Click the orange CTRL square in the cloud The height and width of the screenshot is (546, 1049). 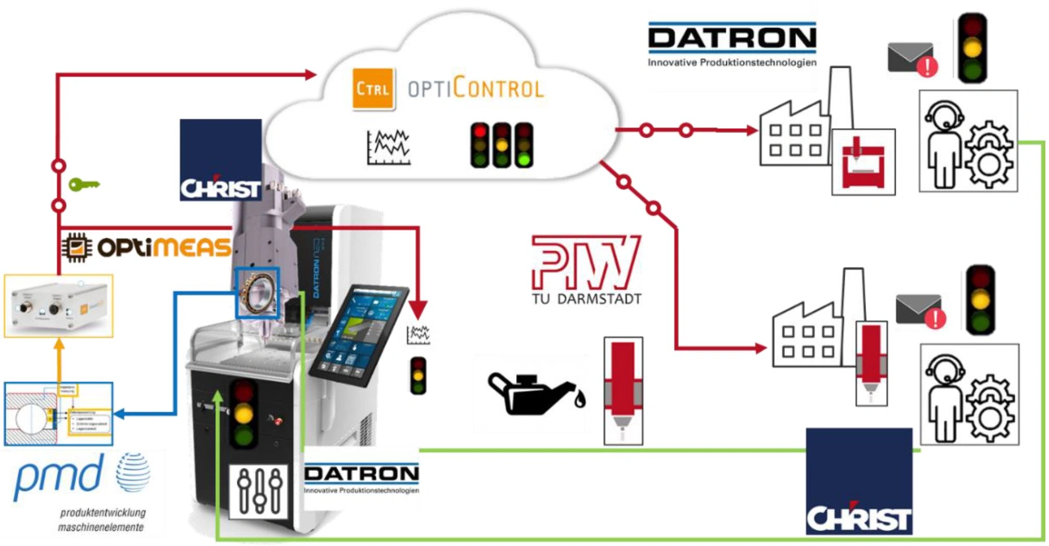[373, 89]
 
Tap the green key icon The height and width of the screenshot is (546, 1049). [83, 185]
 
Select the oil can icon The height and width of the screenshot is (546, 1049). [535, 394]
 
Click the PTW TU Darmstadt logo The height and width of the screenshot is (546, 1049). [586, 269]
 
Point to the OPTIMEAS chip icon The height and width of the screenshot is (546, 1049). [77, 247]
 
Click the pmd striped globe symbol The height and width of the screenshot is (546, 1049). [133, 472]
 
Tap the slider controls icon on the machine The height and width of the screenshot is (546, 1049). [259, 491]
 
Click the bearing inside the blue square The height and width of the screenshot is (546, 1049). [257, 293]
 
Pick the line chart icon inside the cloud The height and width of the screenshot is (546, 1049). [388, 148]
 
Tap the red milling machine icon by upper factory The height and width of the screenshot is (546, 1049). [863, 162]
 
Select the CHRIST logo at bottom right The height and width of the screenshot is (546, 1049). [859, 481]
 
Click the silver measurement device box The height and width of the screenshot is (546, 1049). [58, 306]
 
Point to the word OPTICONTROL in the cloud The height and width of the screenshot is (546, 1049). [475, 89]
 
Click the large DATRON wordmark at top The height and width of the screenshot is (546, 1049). [732, 38]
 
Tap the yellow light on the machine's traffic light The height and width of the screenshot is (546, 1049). [243, 414]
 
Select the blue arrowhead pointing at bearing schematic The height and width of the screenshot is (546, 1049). [119, 414]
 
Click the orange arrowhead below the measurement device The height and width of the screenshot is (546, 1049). [59, 344]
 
